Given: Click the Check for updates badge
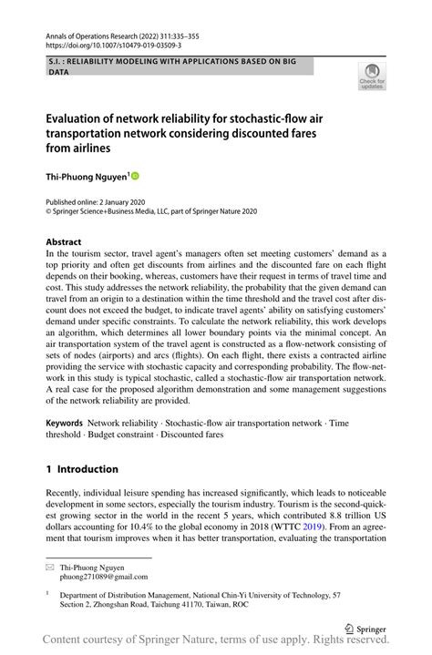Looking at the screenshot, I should (372, 77).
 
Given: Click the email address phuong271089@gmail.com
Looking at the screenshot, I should (105, 577).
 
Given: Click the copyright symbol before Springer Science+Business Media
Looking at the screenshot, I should (49, 211).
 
